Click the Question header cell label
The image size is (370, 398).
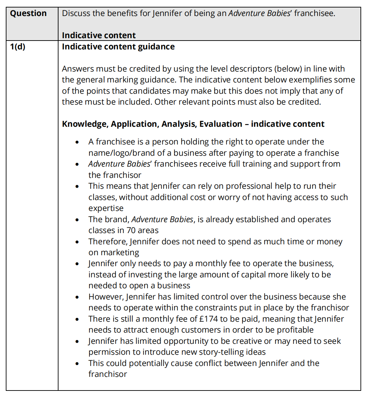(28, 13)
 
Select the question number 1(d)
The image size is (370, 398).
(18, 47)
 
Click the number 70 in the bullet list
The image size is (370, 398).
(131, 230)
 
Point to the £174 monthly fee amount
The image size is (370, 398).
(208, 319)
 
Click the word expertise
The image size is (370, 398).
(106, 208)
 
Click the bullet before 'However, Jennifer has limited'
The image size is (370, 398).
(78, 297)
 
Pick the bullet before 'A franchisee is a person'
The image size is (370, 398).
(78, 142)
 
